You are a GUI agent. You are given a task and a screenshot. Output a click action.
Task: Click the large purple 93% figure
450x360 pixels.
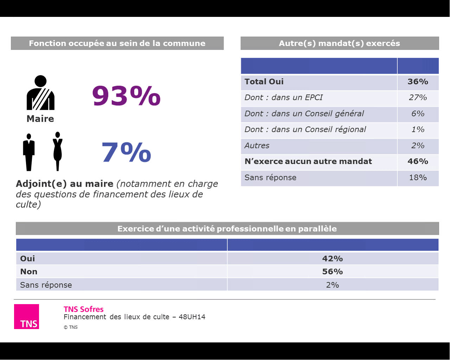click(126, 96)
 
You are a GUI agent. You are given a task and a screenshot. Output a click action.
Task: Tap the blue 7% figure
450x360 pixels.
click(126, 152)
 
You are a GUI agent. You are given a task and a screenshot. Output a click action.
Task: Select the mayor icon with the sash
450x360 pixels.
click(40, 93)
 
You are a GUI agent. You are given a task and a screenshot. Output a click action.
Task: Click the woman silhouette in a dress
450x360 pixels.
click(58, 151)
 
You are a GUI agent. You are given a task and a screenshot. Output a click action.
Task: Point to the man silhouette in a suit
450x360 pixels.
click(29, 152)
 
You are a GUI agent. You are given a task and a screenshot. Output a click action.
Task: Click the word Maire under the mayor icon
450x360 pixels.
click(40, 119)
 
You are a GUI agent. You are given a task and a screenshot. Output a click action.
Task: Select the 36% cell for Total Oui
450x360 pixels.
click(418, 82)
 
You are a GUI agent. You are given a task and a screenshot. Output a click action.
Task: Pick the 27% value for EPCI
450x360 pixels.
click(418, 98)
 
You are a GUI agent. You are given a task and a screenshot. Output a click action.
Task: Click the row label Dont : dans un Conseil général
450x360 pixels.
click(304, 114)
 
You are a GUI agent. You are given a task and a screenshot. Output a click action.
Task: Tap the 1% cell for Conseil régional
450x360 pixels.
click(418, 130)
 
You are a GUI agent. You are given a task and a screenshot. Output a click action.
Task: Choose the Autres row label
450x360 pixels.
click(257, 146)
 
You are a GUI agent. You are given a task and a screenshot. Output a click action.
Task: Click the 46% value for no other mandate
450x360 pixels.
click(418, 161)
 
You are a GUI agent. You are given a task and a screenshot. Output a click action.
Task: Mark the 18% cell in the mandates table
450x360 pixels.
click(418, 178)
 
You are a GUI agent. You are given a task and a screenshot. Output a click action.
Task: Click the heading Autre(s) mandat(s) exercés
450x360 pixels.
click(339, 43)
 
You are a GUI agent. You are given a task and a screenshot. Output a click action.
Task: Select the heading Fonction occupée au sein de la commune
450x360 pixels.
click(117, 43)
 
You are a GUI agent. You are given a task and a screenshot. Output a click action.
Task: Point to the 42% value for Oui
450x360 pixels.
click(332, 258)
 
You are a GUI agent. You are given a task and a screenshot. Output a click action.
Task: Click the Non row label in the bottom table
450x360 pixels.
click(29, 271)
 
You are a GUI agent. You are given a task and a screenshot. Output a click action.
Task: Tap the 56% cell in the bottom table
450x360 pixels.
click(332, 271)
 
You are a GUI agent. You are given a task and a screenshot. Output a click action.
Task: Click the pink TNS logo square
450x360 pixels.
click(27, 316)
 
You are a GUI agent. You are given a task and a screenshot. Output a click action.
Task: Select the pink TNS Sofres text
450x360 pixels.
click(84, 309)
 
